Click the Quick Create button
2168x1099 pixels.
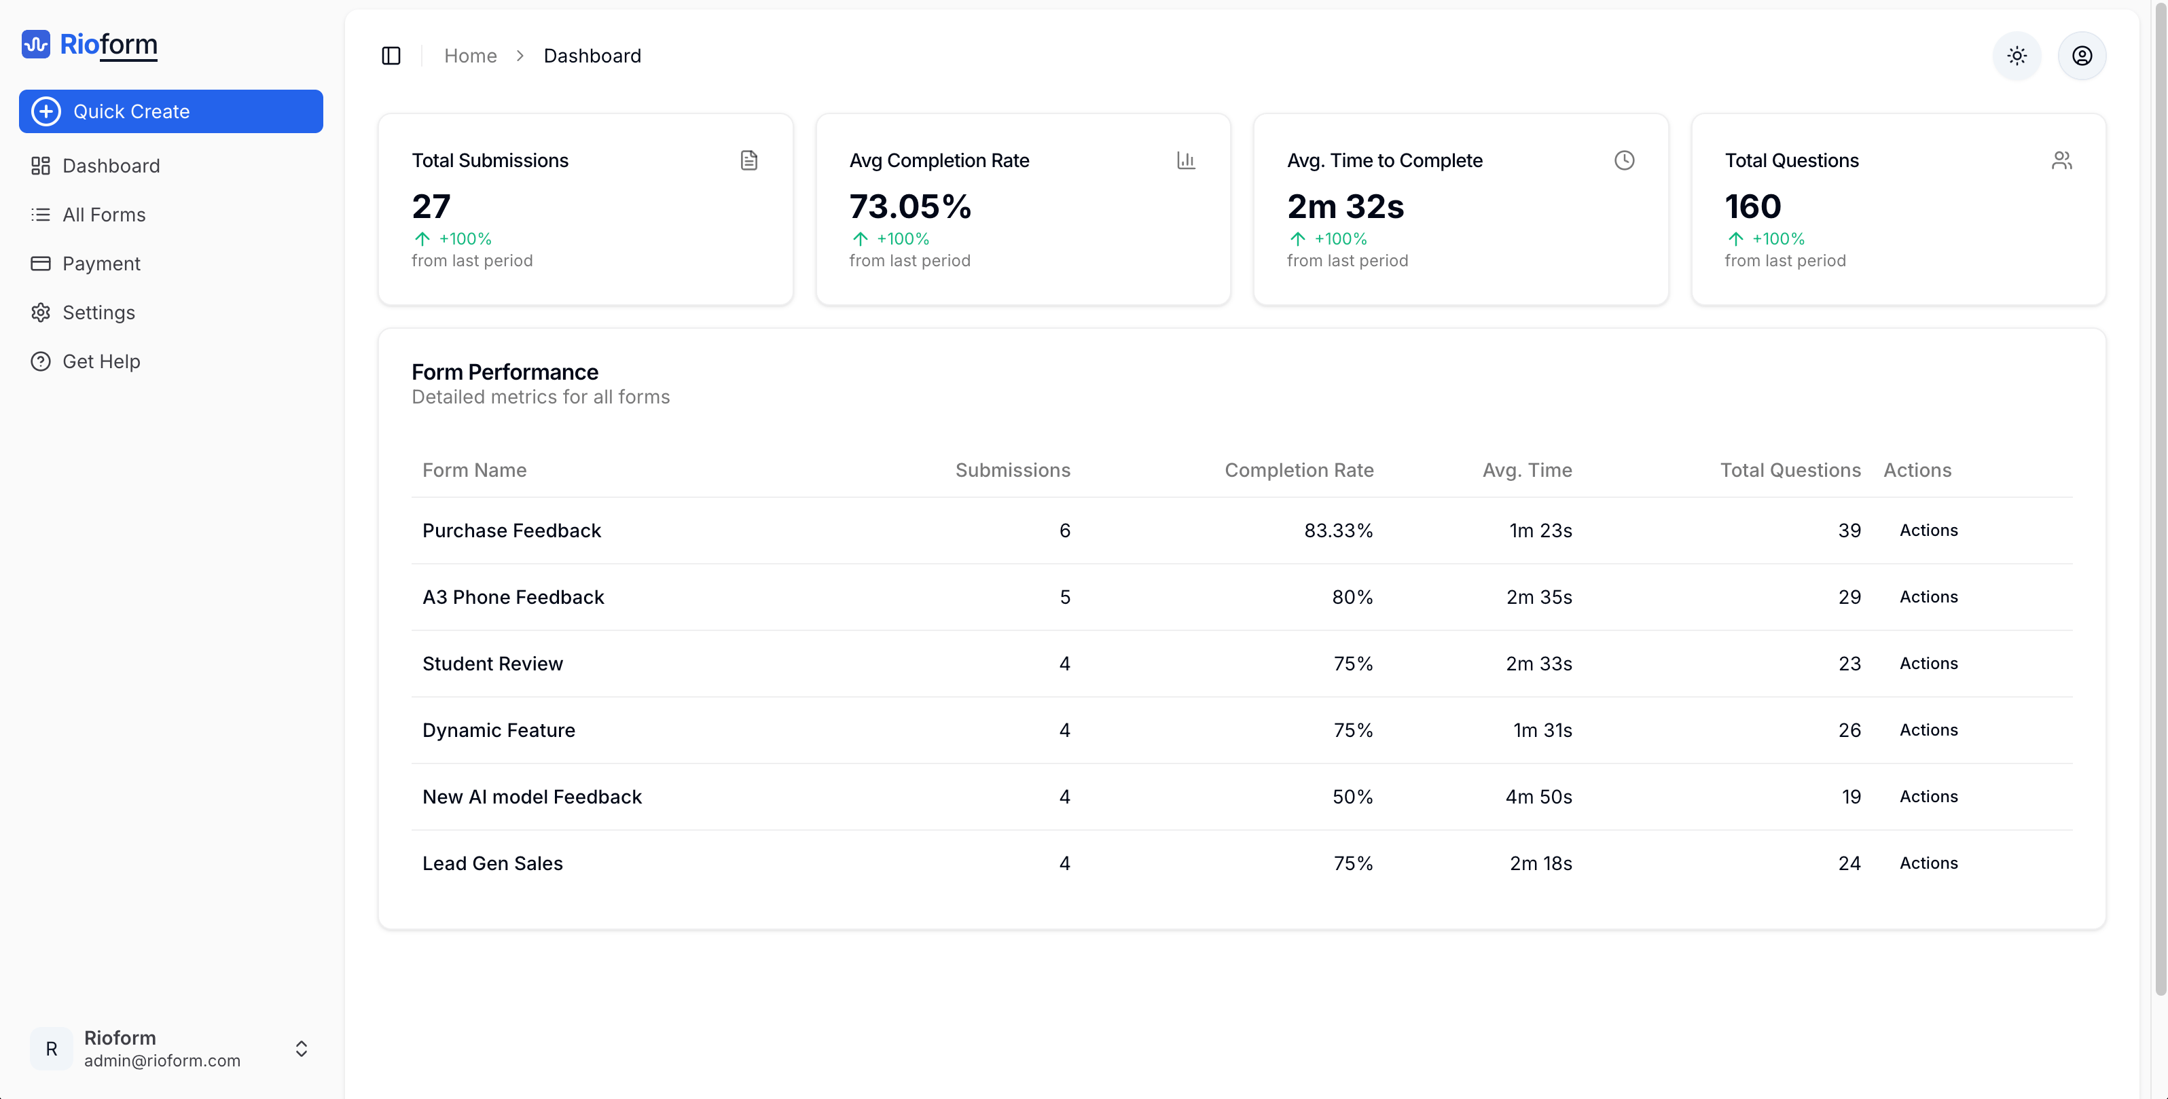pos(171,111)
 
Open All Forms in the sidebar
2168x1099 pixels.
pos(103,215)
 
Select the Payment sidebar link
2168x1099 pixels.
pos(101,264)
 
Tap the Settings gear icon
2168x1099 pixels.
pos(40,312)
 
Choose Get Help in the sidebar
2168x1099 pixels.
pos(101,361)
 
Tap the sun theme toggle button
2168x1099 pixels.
pos(2017,56)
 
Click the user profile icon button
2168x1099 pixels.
pos(2081,56)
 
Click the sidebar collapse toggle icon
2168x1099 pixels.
pos(391,56)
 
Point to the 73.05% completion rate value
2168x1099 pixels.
pos(910,206)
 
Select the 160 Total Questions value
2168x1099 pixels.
pos(1753,206)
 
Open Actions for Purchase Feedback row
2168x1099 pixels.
pos(1928,530)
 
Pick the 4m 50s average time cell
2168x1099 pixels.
pos(1538,797)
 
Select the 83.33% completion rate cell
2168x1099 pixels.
pos(1338,531)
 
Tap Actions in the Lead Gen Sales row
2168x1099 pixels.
pos(1928,863)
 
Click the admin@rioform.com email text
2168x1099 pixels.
pos(162,1060)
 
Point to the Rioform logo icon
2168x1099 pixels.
pos(36,43)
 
